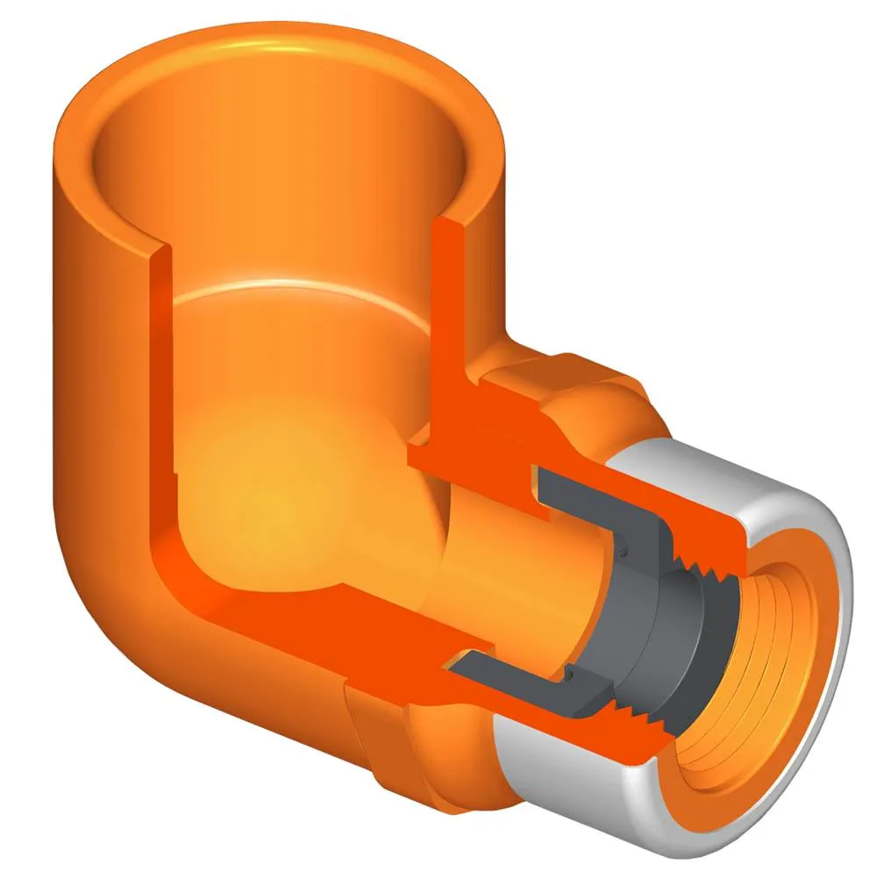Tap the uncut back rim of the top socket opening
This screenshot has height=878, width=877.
click(x=289, y=44)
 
